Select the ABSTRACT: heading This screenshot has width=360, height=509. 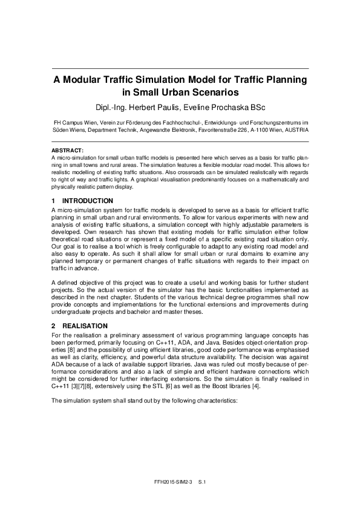(x=67, y=149)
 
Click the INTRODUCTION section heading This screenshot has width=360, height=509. (x=88, y=200)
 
